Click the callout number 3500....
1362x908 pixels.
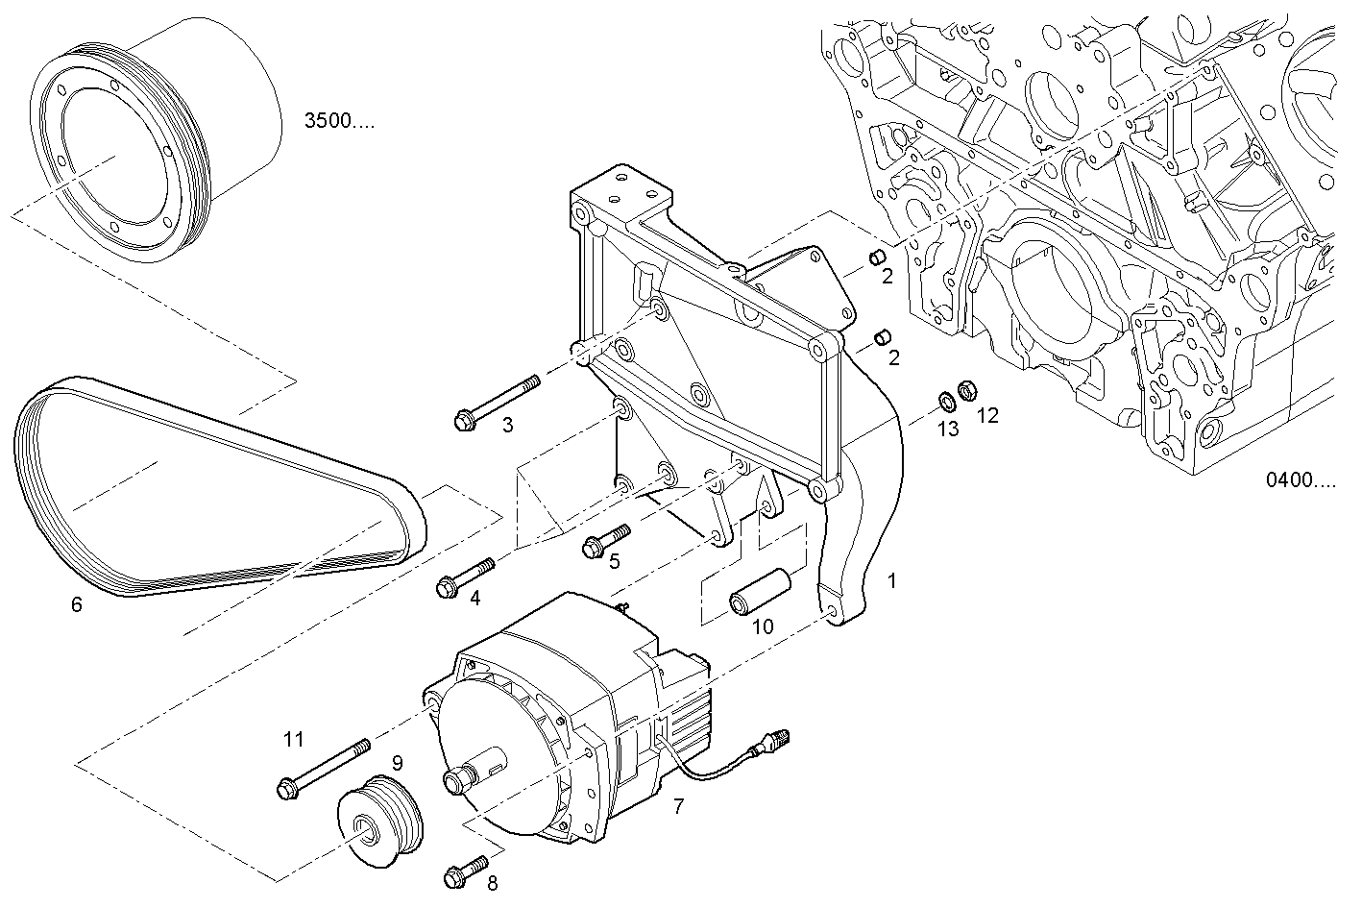(x=339, y=121)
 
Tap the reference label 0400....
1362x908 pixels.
(x=1300, y=480)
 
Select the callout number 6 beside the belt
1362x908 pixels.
(x=76, y=604)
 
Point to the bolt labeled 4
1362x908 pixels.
(x=465, y=577)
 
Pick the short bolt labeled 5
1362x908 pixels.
(x=605, y=540)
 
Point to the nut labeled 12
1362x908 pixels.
(x=968, y=392)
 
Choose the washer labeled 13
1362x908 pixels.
(x=945, y=399)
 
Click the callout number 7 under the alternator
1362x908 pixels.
(x=678, y=806)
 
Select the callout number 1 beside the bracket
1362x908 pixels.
(x=891, y=581)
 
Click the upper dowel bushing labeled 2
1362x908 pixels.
(x=876, y=257)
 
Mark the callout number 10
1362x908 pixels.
(x=762, y=626)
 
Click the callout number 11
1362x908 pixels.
(x=293, y=739)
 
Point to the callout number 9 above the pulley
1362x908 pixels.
(x=396, y=763)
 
